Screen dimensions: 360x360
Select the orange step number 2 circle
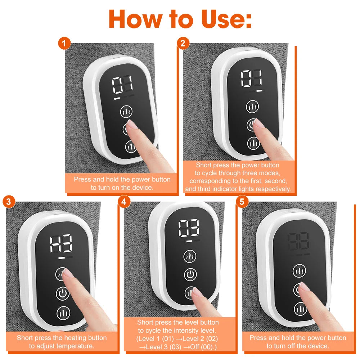click(183, 44)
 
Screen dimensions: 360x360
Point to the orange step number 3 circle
click(8, 202)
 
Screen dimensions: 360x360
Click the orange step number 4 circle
click(124, 202)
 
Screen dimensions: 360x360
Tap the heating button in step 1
click(126, 112)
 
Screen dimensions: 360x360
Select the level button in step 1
click(131, 147)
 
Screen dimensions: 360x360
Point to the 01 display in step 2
click(252, 78)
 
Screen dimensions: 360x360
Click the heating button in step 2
click(253, 107)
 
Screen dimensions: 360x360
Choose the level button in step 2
click(253, 143)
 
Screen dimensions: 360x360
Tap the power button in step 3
click(63, 294)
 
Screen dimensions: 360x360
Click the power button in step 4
click(190, 275)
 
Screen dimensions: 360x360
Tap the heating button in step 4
click(190, 257)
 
